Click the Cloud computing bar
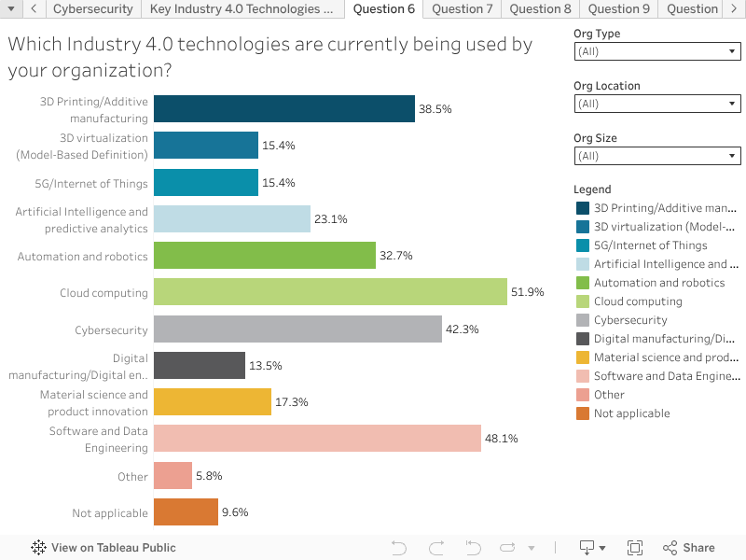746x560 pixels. coord(330,292)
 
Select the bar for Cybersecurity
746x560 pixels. coord(297,329)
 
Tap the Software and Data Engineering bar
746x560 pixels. coord(317,439)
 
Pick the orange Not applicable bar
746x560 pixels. coord(186,512)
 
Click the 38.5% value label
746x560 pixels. coord(435,109)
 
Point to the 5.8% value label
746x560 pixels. coord(208,476)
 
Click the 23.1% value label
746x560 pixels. coord(330,219)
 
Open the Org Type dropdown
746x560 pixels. coord(657,52)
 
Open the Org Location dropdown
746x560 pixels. coord(657,105)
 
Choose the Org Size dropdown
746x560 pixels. coord(657,157)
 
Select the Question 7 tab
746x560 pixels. coord(463,9)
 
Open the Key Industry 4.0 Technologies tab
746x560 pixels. coord(241,9)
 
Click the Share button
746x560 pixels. coord(689,548)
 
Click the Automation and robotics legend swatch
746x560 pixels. coord(583,283)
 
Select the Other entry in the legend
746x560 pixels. coord(609,395)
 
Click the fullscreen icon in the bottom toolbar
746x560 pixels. coord(635,548)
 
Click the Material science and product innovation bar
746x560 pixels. coord(213,402)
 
